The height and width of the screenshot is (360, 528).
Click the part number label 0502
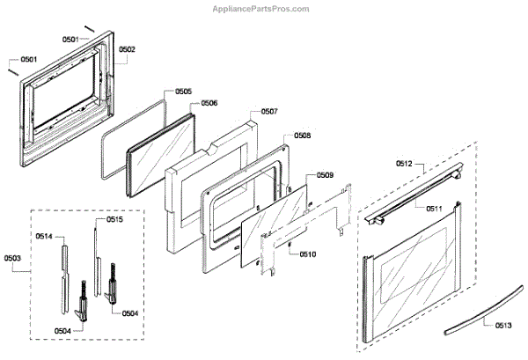click(127, 49)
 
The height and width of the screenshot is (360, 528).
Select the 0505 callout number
click(183, 92)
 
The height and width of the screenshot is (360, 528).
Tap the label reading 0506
click(209, 103)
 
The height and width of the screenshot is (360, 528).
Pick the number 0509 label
click(325, 175)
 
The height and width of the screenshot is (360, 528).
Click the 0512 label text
click(405, 164)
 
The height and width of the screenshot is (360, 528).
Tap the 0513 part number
click(502, 325)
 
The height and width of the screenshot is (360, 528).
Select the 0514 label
click(45, 236)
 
